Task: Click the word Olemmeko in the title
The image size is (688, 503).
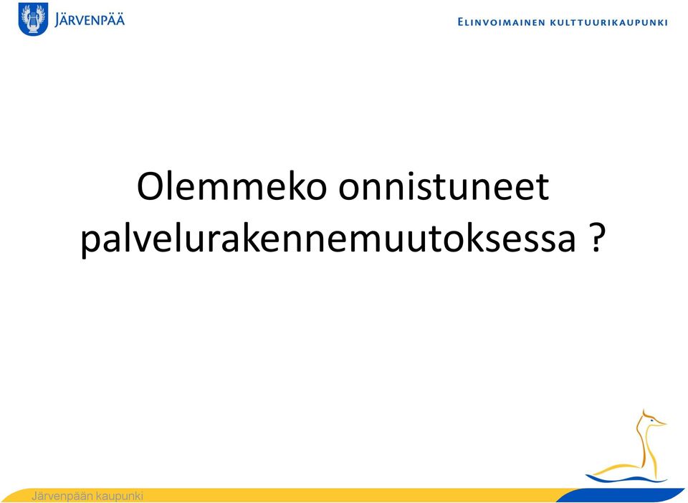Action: tap(232, 186)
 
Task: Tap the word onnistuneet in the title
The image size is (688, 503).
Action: tap(444, 186)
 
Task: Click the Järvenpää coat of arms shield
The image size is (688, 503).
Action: tap(34, 19)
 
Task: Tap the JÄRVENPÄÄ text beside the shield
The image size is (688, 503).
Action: tap(90, 20)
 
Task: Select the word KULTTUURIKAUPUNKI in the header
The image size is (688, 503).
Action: tap(609, 22)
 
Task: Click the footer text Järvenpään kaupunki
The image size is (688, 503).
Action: tap(87, 496)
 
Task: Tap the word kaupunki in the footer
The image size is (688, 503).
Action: tap(120, 497)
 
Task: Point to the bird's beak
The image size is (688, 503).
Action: tap(660, 423)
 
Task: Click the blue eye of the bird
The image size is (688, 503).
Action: tap(651, 421)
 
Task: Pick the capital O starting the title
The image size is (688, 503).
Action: tap(150, 186)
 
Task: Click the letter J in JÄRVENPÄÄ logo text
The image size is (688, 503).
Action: tap(57, 20)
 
